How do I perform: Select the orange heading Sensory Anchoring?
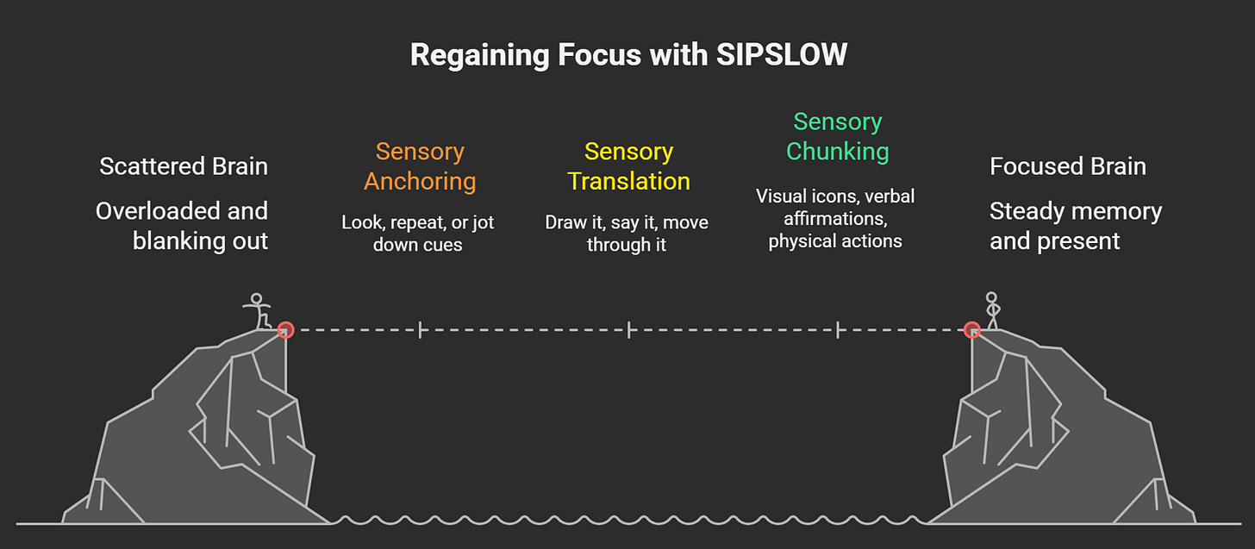[x=420, y=166]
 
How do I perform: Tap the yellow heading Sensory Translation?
[x=628, y=166]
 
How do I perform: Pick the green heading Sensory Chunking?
[x=837, y=136]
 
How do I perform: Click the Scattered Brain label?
[x=184, y=166]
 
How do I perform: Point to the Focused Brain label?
[x=1068, y=166]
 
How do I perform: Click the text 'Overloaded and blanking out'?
[x=183, y=226]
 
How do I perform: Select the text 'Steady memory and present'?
[x=1076, y=226]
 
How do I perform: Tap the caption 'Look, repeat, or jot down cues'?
[x=418, y=234]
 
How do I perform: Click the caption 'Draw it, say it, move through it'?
[x=627, y=234]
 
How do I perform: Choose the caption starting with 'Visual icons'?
[x=835, y=219]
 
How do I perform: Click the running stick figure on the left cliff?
[x=257, y=311]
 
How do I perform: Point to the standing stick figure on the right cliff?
[x=992, y=310]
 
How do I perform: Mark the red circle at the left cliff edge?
[x=285, y=328]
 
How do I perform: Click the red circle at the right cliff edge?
[x=972, y=328]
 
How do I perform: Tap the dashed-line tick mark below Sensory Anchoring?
[x=420, y=328]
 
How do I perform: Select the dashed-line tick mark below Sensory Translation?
[x=629, y=328]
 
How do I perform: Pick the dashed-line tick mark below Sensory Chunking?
[x=838, y=328]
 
